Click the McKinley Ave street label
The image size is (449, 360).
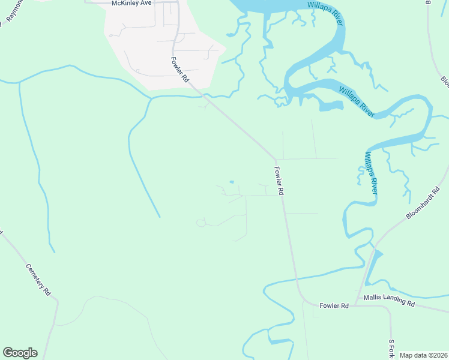(132, 3)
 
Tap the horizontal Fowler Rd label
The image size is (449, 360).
(334, 305)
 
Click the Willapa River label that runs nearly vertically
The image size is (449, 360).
(370, 172)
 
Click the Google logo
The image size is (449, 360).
(20, 353)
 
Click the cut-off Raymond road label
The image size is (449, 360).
(13, 11)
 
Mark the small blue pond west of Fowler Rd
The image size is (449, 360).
(232, 182)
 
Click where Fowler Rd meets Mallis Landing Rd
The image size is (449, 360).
(354, 305)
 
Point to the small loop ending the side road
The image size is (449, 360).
(200, 223)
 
